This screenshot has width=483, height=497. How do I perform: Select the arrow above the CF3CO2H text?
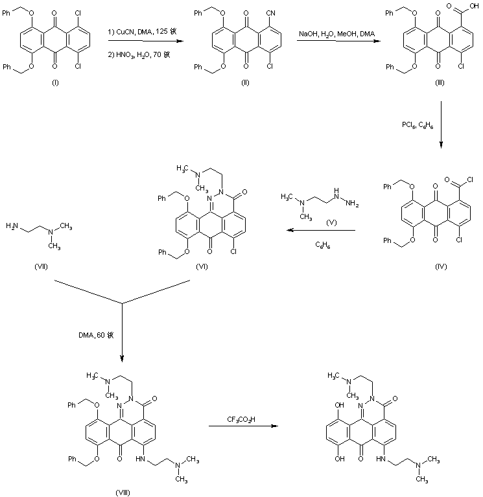point(241,426)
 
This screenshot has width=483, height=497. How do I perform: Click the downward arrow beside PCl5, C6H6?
point(441,123)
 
